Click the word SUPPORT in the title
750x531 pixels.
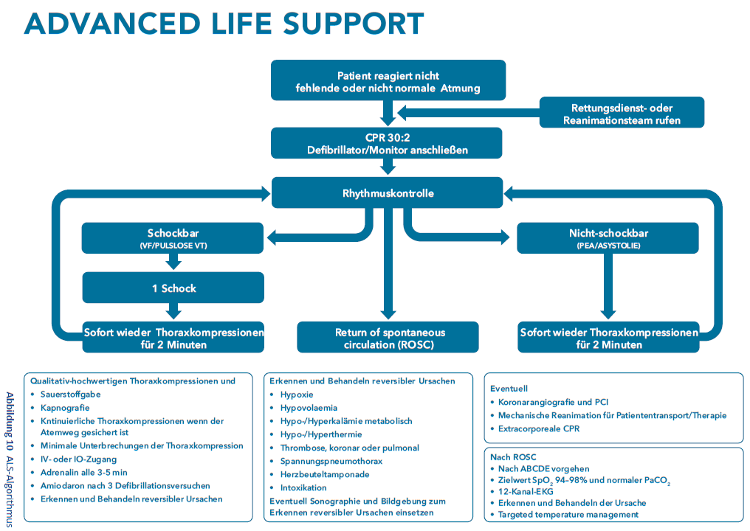click(x=354, y=24)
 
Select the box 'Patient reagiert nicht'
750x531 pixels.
click(x=388, y=80)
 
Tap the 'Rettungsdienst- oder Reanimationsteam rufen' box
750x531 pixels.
click(x=622, y=112)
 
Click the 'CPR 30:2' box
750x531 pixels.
click(x=387, y=143)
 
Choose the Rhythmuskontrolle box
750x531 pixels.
click(x=387, y=192)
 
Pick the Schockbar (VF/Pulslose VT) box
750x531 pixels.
click(x=173, y=238)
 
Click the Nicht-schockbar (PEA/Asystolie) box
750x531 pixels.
click(x=608, y=238)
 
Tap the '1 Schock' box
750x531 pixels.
click(x=173, y=288)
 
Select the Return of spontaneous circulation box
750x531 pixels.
click(x=388, y=338)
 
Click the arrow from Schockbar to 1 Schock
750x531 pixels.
click(x=173, y=261)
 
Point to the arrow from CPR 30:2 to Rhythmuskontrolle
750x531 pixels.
click(x=388, y=167)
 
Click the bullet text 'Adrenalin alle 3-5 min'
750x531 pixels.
click(x=83, y=472)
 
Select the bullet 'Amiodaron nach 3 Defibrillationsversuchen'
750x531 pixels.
click(x=125, y=485)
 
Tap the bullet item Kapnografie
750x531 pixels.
click(x=65, y=408)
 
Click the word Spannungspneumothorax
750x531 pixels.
click(x=331, y=461)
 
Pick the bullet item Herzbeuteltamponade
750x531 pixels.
click(x=325, y=475)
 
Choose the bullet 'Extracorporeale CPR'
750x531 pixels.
click(x=539, y=428)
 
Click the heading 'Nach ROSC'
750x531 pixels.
click(x=513, y=457)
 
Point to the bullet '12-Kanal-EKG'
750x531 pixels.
click(x=526, y=491)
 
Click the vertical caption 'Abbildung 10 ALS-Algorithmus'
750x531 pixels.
click(x=9, y=459)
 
